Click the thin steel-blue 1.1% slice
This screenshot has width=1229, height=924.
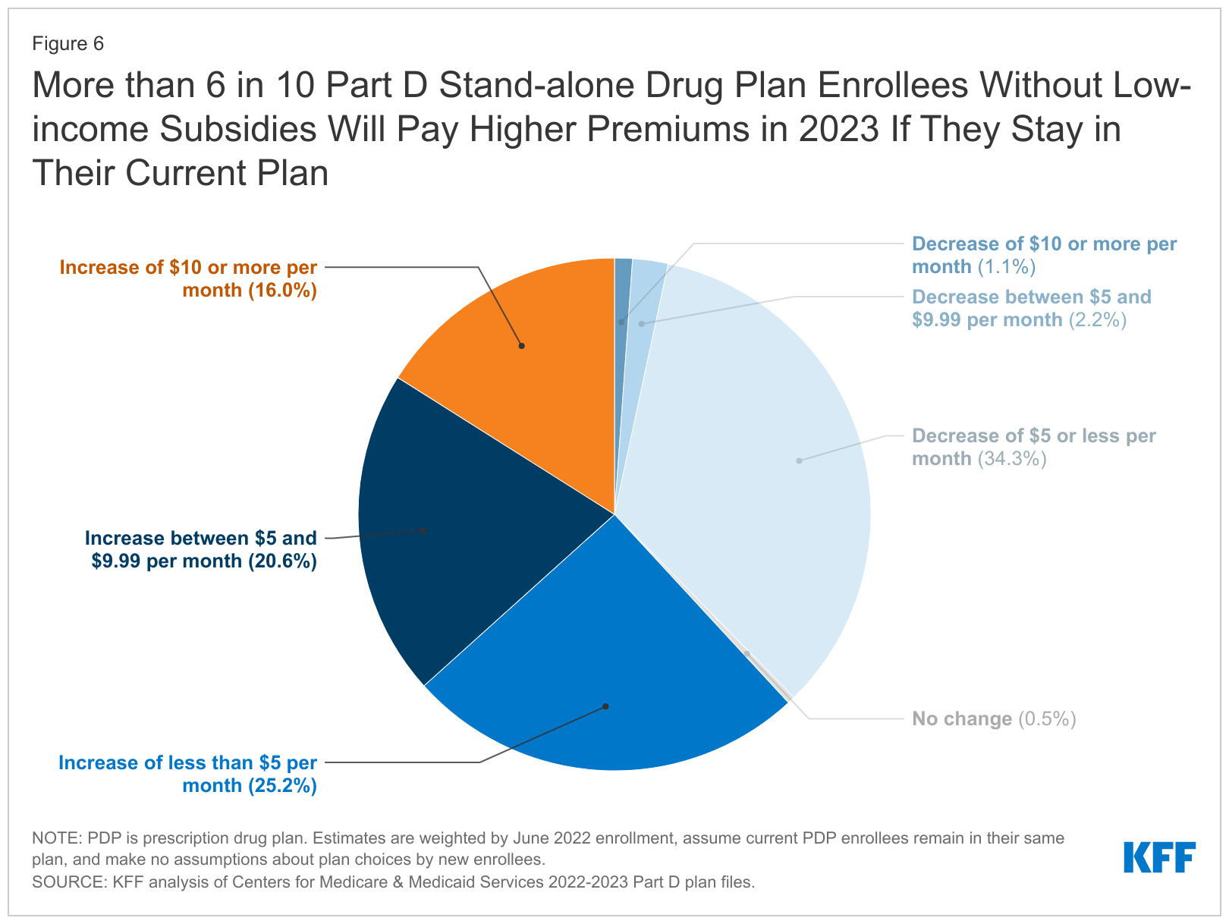point(622,296)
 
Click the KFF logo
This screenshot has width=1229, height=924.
point(1158,857)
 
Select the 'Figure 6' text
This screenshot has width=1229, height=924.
point(68,44)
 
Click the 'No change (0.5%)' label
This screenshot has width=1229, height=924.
point(994,718)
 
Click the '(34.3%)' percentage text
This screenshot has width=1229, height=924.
point(1012,459)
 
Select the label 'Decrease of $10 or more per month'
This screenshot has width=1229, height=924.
point(1043,255)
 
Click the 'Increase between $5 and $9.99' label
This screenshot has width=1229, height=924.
point(201,549)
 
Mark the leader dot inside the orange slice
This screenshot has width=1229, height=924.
point(522,346)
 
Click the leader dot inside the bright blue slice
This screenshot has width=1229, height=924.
point(605,706)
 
